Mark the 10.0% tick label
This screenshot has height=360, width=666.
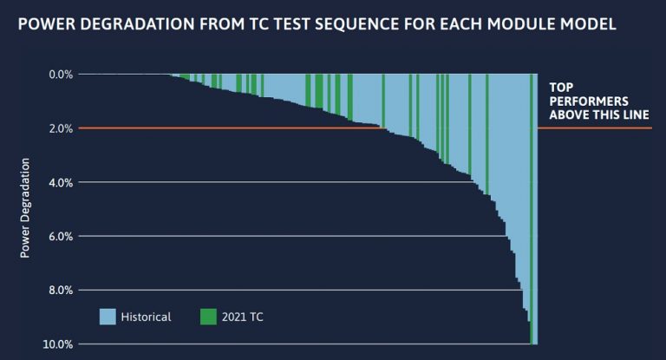(x=58, y=344)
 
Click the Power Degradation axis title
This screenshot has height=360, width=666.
(x=25, y=208)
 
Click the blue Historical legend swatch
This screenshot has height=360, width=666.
(x=108, y=317)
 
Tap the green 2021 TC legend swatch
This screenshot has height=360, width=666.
(x=208, y=317)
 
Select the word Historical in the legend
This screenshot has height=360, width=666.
(x=147, y=317)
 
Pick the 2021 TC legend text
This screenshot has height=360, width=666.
(x=244, y=317)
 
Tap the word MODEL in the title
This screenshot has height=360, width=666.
(x=589, y=24)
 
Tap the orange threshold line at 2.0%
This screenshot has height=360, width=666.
(x=260, y=128)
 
